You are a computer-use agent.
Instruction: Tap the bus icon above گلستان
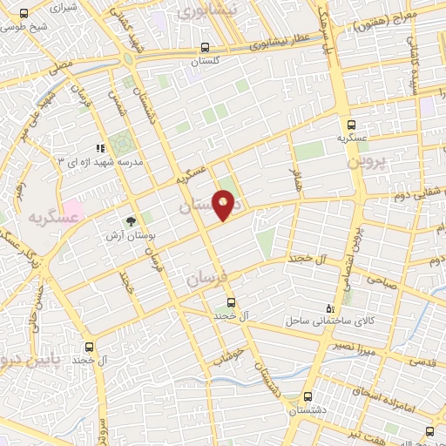(205, 48)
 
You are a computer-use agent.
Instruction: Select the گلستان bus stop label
(205, 63)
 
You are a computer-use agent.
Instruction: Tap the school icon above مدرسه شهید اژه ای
(101, 148)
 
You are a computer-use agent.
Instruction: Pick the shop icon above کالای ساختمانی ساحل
(328, 307)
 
